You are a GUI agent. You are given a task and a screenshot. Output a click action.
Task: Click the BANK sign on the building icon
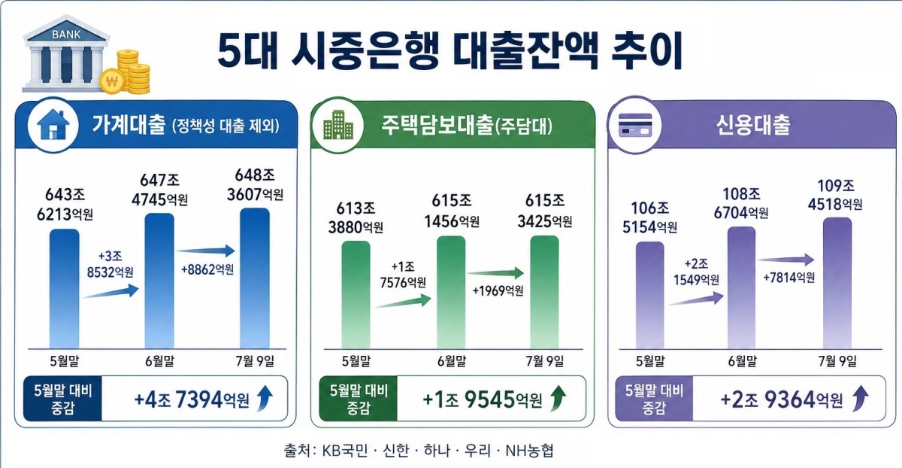click(x=66, y=35)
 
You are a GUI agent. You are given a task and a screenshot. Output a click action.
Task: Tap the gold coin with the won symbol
click(x=112, y=82)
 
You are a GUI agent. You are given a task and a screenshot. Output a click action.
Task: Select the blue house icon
click(x=53, y=125)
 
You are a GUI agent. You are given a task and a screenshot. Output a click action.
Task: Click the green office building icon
click(x=338, y=126)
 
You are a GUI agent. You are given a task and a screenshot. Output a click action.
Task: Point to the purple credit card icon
click(x=635, y=125)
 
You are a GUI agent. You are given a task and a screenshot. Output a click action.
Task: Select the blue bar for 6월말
click(x=159, y=281)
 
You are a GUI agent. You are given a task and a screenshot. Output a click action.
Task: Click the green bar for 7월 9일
click(x=544, y=292)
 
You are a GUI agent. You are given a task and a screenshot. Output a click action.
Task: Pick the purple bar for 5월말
click(x=650, y=295)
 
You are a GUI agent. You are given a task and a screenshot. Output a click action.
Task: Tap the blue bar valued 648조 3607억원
click(x=255, y=278)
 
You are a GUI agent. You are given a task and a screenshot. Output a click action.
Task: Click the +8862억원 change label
click(x=207, y=269)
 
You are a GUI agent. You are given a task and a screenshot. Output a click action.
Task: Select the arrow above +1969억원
click(x=495, y=273)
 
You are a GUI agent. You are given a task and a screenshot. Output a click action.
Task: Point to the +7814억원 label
click(x=788, y=278)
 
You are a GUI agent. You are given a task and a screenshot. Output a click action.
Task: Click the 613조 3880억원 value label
click(x=356, y=217)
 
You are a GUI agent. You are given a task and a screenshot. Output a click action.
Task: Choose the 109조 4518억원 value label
click(x=835, y=195)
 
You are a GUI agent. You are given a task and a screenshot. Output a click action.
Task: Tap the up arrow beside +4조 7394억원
click(x=265, y=398)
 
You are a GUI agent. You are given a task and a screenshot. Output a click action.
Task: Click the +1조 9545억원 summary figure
click(x=482, y=400)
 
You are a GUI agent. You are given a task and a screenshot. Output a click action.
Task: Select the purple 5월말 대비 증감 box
click(x=654, y=399)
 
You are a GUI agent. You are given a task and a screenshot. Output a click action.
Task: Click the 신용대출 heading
click(x=753, y=125)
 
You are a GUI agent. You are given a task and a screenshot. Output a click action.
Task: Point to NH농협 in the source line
click(x=529, y=450)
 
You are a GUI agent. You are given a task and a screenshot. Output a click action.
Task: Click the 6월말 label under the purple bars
click(x=742, y=361)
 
